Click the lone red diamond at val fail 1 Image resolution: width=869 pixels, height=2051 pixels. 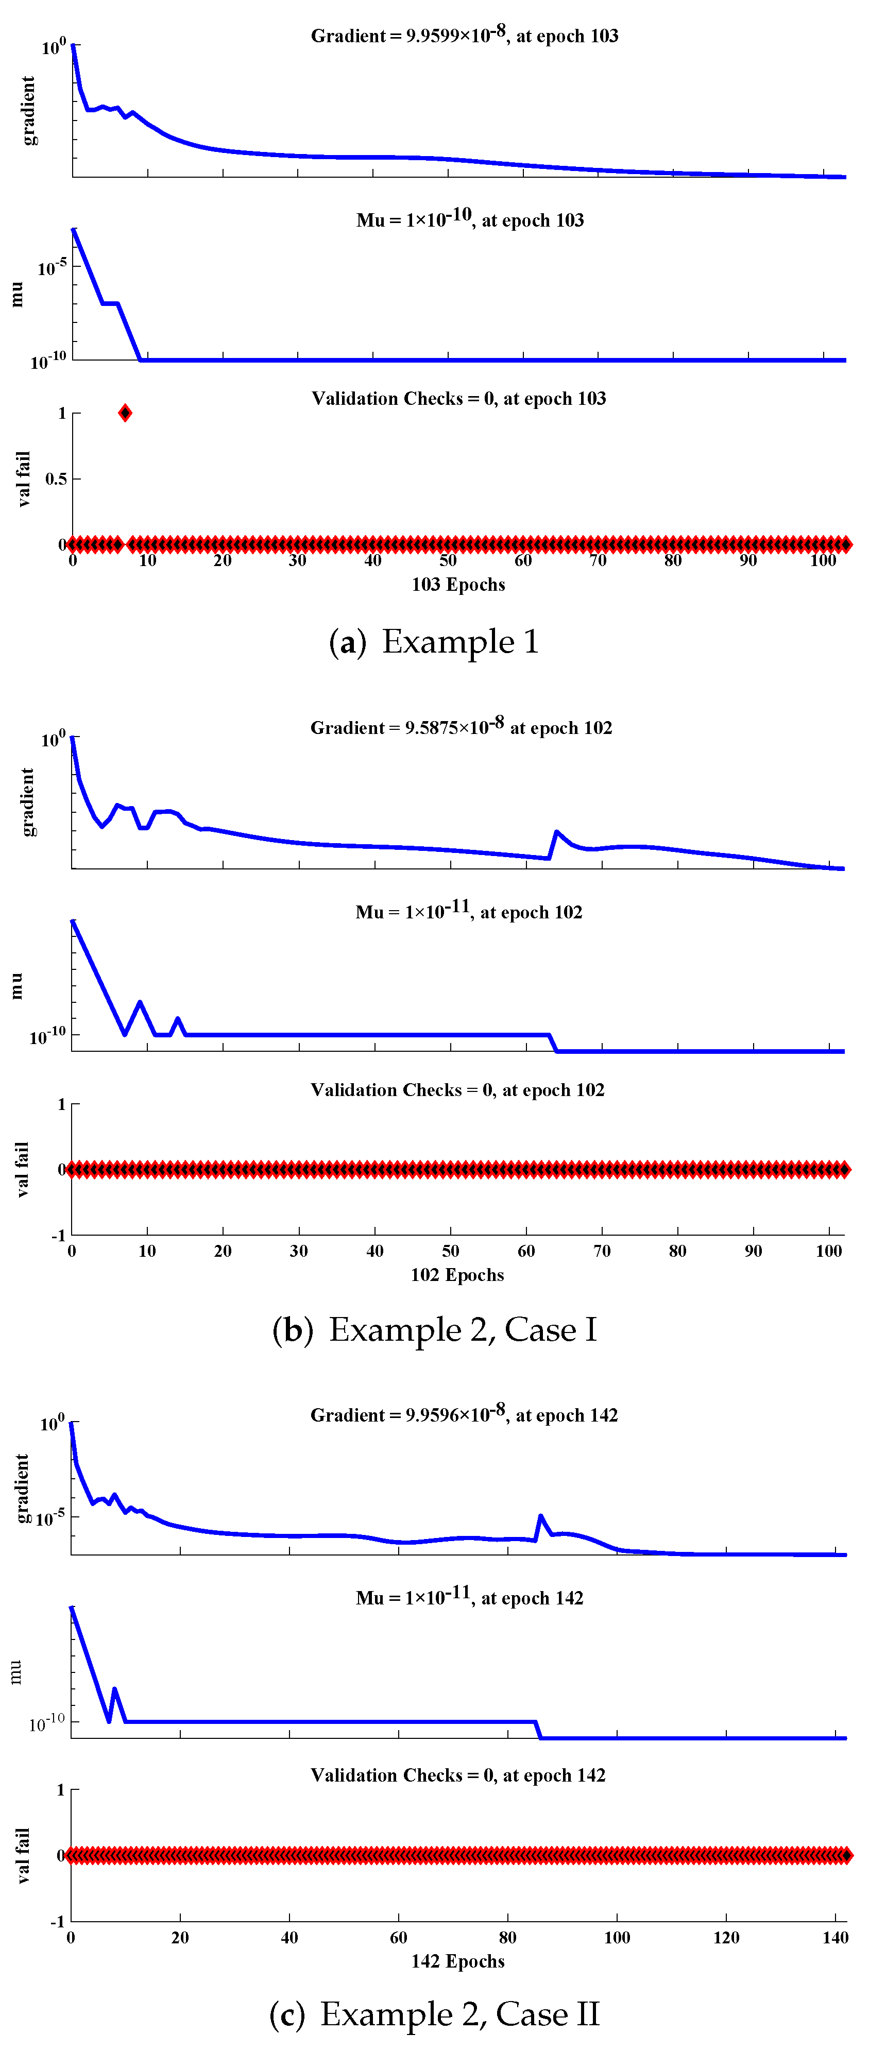coord(125,413)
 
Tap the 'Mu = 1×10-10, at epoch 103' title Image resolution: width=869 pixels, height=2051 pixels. coord(470,220)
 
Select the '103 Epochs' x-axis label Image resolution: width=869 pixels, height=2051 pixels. coord(458,585)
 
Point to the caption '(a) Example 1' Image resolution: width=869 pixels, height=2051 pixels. coord(434,642)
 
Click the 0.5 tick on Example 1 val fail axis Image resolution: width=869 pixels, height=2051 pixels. coord(56,478)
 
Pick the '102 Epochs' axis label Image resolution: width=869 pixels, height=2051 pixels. coord(457,1275)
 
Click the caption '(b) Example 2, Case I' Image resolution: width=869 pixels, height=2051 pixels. coord(434,1329)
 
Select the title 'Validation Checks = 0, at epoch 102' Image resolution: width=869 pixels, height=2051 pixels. coord(457,1089)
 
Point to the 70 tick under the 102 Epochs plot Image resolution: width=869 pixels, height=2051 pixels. coord(602,1251)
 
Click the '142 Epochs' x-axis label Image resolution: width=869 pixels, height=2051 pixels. coord(458,1960)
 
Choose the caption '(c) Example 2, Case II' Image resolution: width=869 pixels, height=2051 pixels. coord(434,2014)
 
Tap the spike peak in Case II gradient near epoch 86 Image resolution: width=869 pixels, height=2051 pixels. coord(541,1516)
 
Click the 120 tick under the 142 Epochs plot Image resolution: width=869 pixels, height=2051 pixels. coord(726,1937)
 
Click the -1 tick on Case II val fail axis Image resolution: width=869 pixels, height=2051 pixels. coord(57,1921)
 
